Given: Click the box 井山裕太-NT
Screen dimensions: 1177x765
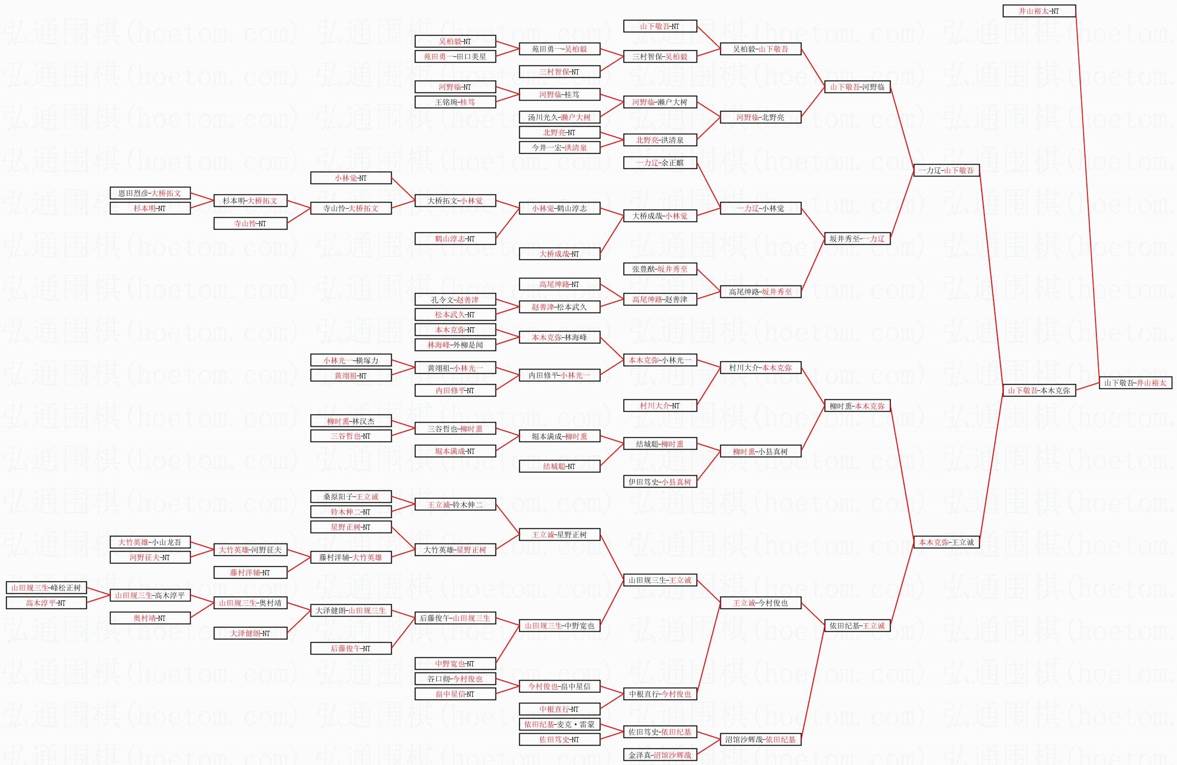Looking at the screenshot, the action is coord(1039,11).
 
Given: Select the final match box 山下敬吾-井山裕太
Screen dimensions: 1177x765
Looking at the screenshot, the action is coord(1135,383).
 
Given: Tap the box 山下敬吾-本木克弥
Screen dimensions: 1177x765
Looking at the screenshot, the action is coord(1039,390).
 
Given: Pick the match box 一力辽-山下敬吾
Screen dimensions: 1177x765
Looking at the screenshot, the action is coord(946,171).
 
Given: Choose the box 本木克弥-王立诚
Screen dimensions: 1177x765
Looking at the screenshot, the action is coord(946,542).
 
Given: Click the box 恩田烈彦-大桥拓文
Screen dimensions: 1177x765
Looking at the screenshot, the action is coord(150,194).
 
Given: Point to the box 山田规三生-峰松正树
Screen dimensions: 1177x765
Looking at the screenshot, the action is coord(46,588).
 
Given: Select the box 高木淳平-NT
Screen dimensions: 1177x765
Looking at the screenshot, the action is coord(46,603).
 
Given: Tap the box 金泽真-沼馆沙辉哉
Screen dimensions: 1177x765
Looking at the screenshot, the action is coord(660,755).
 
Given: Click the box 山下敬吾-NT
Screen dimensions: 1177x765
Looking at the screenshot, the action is coord(660,26).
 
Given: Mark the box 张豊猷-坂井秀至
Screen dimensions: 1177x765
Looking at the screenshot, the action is coord(660,269).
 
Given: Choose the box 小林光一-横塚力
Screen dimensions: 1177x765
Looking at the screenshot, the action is coord(350,360).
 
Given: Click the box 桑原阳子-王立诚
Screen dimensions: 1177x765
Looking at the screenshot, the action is coord(350,497).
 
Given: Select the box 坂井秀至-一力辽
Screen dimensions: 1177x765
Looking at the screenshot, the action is coord(857,239).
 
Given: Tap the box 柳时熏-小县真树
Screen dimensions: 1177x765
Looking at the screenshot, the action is coord(760,452).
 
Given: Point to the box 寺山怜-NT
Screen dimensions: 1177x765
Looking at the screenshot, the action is coord(250,223).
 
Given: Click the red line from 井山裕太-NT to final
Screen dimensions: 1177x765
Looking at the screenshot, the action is coord(1087,197).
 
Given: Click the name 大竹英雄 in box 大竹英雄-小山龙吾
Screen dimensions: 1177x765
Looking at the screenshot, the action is coord(134,543).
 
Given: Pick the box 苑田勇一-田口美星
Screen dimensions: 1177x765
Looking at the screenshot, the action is coord(455,56).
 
